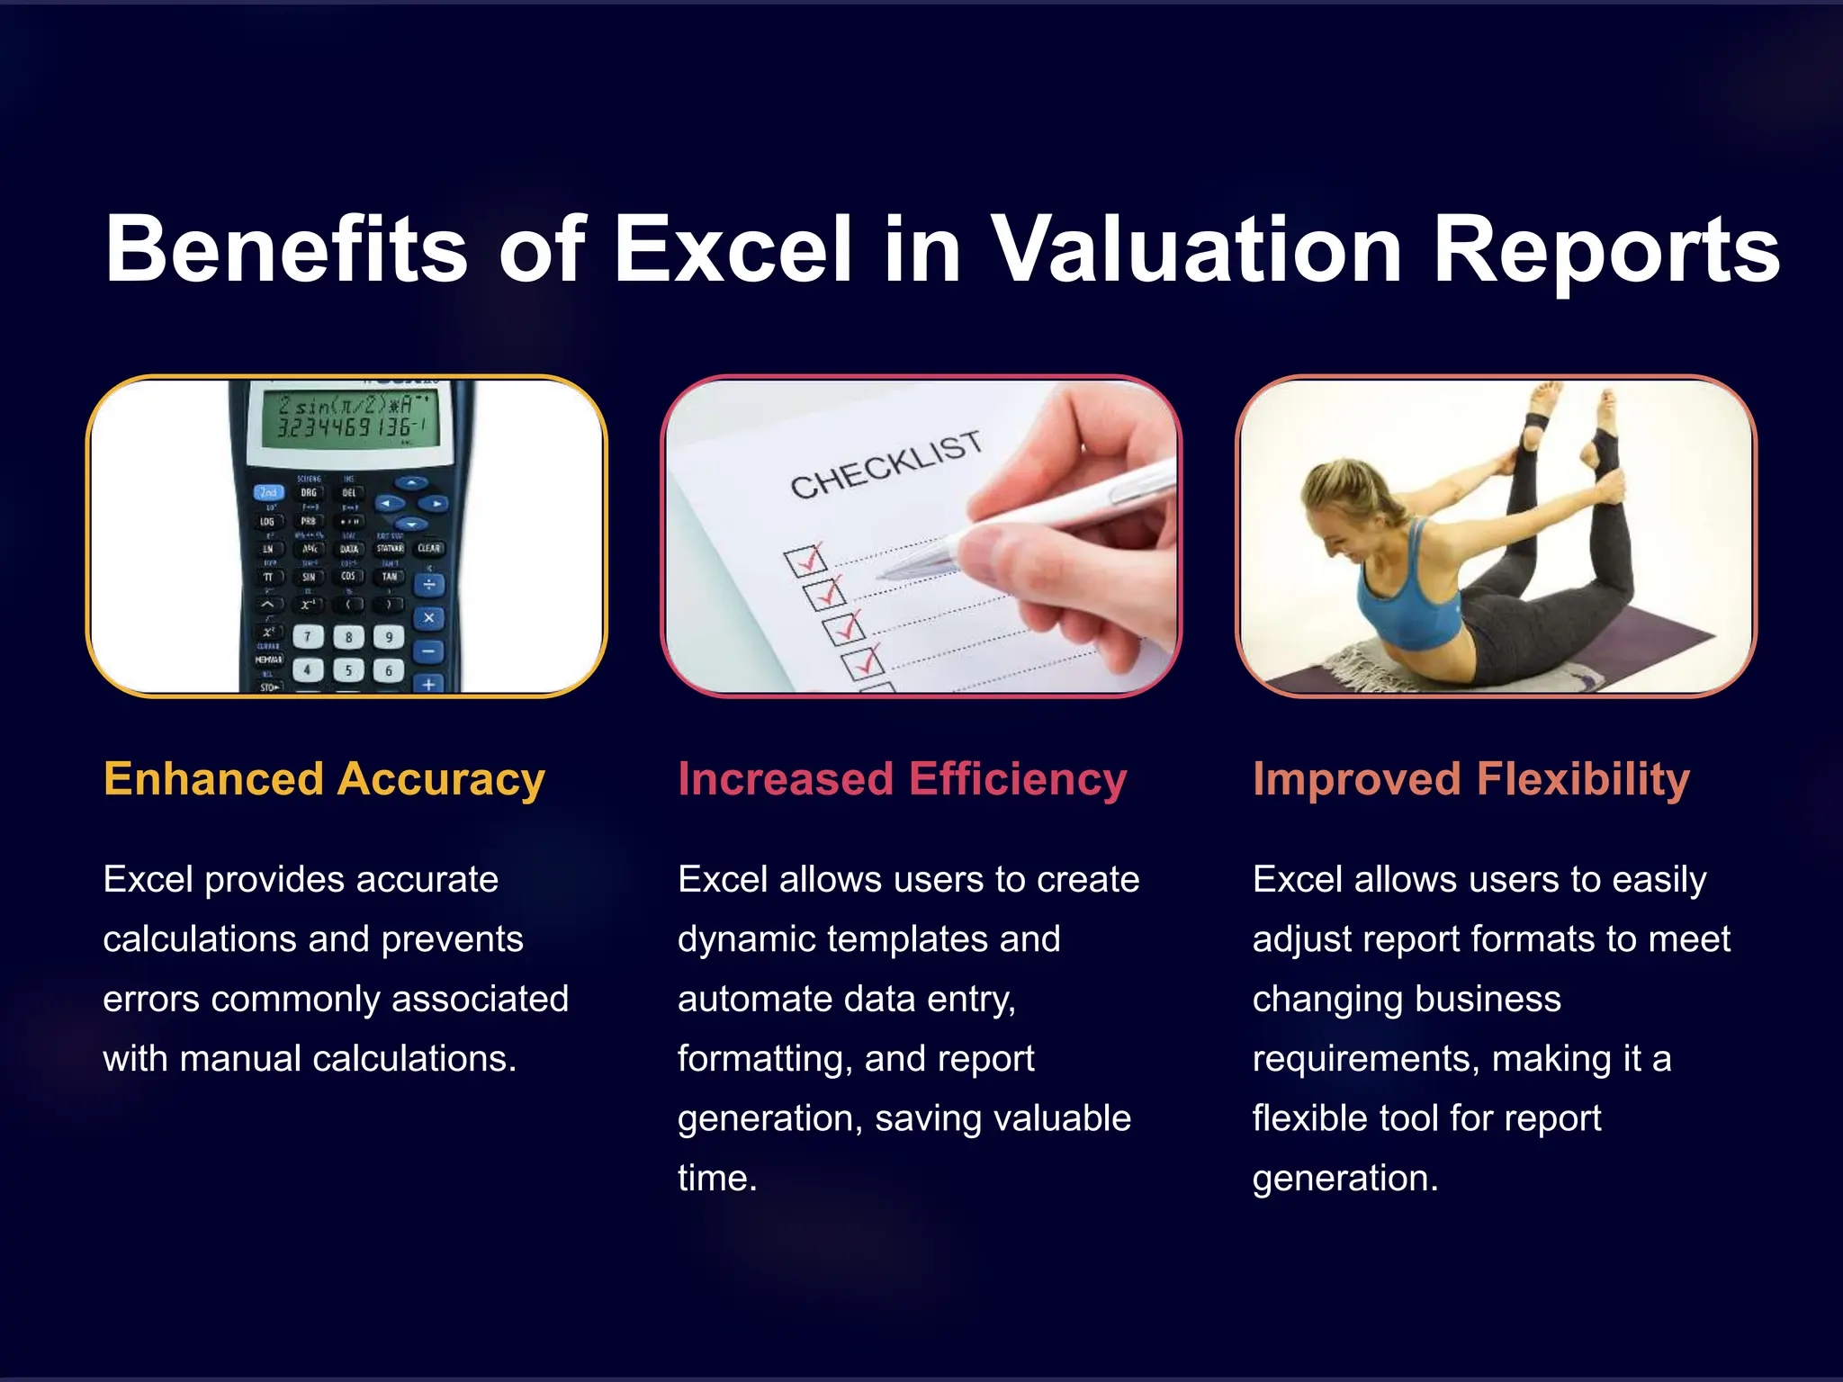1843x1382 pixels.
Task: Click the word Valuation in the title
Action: point(1196,249)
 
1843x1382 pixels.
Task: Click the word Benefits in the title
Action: point(286,249)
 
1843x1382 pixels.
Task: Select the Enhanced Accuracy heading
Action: point(324,779)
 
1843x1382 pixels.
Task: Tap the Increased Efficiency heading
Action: point(902,779)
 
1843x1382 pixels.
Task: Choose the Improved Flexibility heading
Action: point(1470,779)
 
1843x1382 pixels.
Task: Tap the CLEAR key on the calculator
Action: point(428,548)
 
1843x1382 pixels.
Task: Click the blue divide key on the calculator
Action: point(428,585)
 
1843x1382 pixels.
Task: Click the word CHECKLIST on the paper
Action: point(886,463)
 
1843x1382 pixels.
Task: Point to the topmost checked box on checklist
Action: point(804,561)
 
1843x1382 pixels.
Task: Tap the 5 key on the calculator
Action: point(348,669)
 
